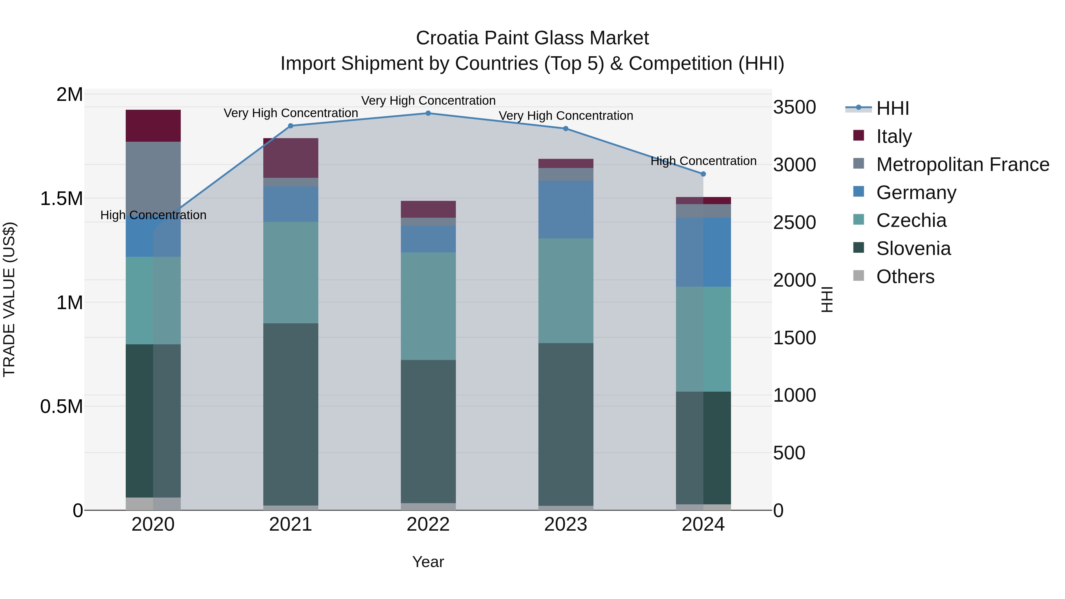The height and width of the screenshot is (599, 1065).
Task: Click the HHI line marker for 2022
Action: pos(428,113)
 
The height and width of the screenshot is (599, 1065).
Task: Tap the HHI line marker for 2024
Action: pos(703,174)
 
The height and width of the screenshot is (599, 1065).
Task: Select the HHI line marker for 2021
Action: pos(291,126)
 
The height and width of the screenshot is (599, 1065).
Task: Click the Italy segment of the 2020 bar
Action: pos(153,126)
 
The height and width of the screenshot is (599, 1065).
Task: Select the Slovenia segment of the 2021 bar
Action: pos(291,414)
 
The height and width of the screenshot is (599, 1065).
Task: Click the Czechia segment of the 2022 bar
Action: pos(428,306)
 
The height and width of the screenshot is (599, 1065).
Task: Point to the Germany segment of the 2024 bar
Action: pos(703,252)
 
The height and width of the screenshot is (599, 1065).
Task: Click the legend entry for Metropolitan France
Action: pos(962,164)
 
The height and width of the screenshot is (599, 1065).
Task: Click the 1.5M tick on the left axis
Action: pos(61,199)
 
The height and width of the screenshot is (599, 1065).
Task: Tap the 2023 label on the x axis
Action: pos(566,524)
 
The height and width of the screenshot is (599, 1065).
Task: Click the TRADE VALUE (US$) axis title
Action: pos(9,299)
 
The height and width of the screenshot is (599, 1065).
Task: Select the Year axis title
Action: pos(428,562)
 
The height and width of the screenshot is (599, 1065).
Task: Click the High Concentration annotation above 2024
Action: pos(703,161)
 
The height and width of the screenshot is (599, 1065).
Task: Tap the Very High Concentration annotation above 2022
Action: pos(428,101)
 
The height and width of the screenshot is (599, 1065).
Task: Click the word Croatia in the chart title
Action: pos(447,38)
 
